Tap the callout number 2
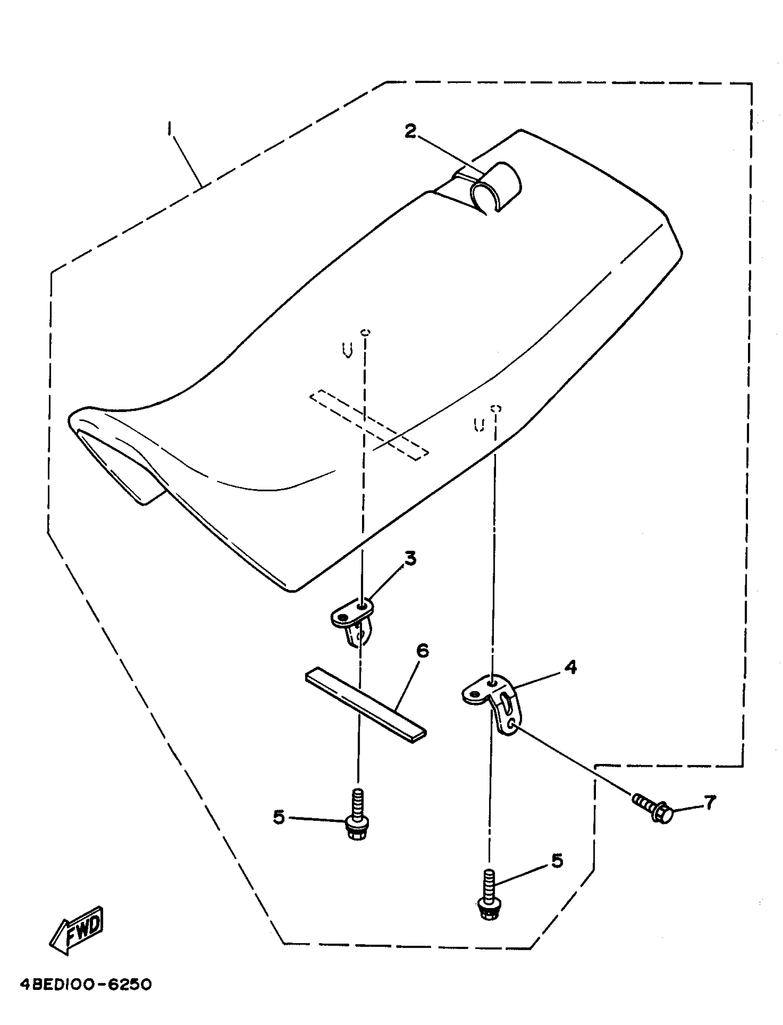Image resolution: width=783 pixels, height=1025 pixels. (410, 132)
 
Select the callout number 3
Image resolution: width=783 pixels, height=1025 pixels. (410, 558)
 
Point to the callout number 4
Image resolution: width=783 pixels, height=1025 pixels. (570, 667)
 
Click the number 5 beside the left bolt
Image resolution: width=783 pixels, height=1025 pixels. (279, 817)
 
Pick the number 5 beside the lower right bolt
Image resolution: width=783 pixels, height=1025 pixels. (557, 861)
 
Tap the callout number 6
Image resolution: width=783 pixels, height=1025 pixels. (422, 651)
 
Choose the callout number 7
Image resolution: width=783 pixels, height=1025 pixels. (709, 803)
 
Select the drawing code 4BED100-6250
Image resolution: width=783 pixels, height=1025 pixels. (86, 985)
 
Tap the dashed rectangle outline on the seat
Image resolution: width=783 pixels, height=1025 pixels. (369, 424)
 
